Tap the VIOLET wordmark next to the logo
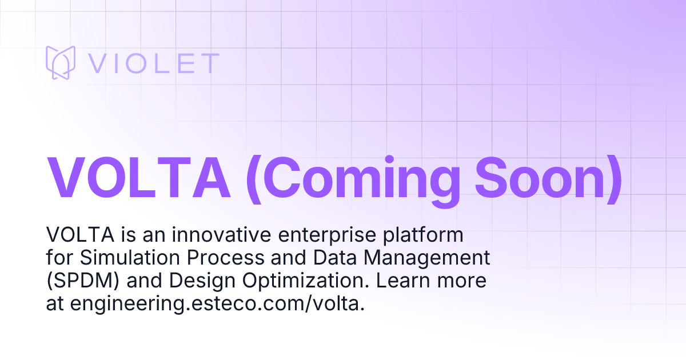click(x=153, y=63)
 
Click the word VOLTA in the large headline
click(x=138, y=176)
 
